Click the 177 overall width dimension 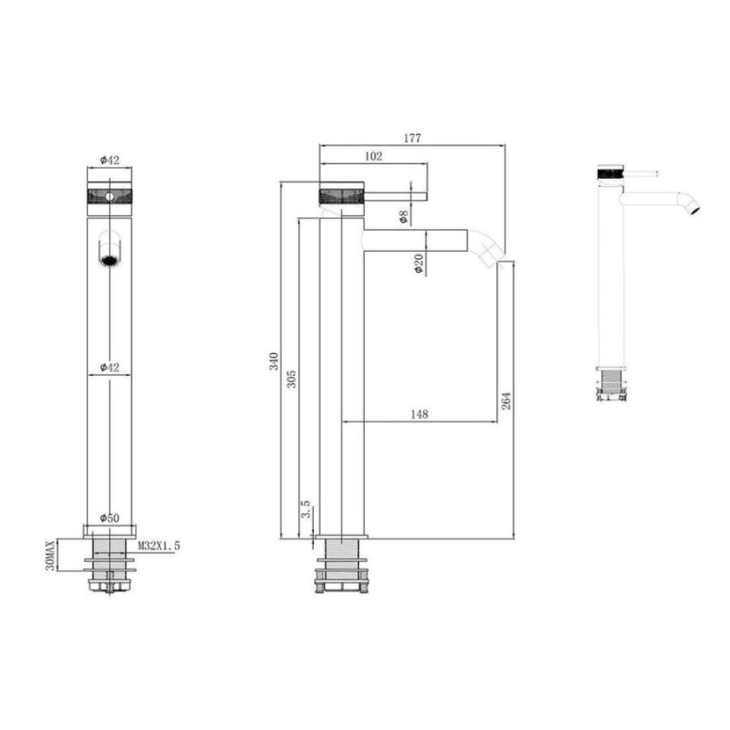(x=412, y=139)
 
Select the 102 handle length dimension (x=373, y=156)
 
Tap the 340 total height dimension (x=274, y=361)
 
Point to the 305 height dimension (x=291, y=380)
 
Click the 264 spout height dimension (x=506, y=401)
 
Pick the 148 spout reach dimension (x=419, y=414)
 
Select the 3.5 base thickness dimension (x=306, y=509)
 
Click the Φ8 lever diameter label (x=403, y=216)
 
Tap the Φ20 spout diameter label (x=419, y=263)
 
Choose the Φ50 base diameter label (x=109, y=517)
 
